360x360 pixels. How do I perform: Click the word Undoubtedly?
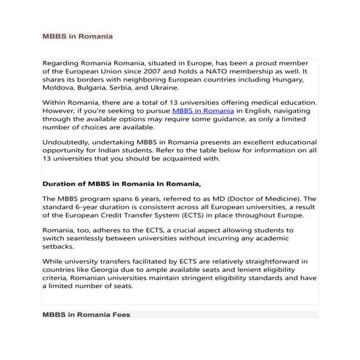tap(71, 143)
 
